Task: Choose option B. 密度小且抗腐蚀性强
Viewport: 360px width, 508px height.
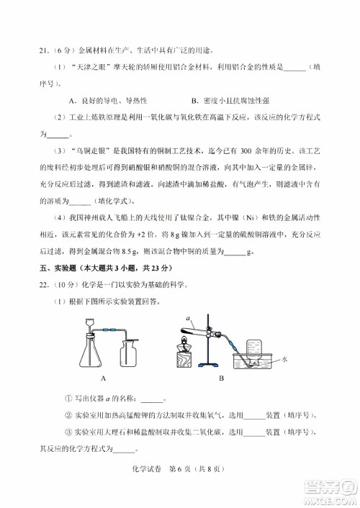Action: [x=240, y=100]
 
